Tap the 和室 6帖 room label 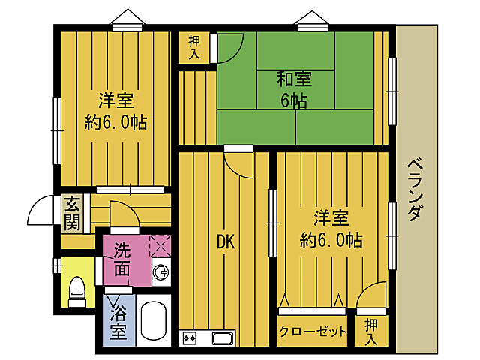pyautogui.click(x=294, y=88)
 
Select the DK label pyautogui.click(x=226, y=241)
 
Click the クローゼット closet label pyautogui.click(x=313, y=331)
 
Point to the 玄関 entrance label pyautogui.click(x=72, y=213)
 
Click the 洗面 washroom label pyautogui.click(x=122, y=259)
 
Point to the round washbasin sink pyautogui.click(x=160, y=271)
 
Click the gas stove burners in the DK pyautogui.click(x=188, y=338)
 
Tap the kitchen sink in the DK pyautogui.click(x=223, y=338)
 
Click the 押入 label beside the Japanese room pyautogui.click(x=194, y=46)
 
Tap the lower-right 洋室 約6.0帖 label pyautogui.click(x=330, y=229)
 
